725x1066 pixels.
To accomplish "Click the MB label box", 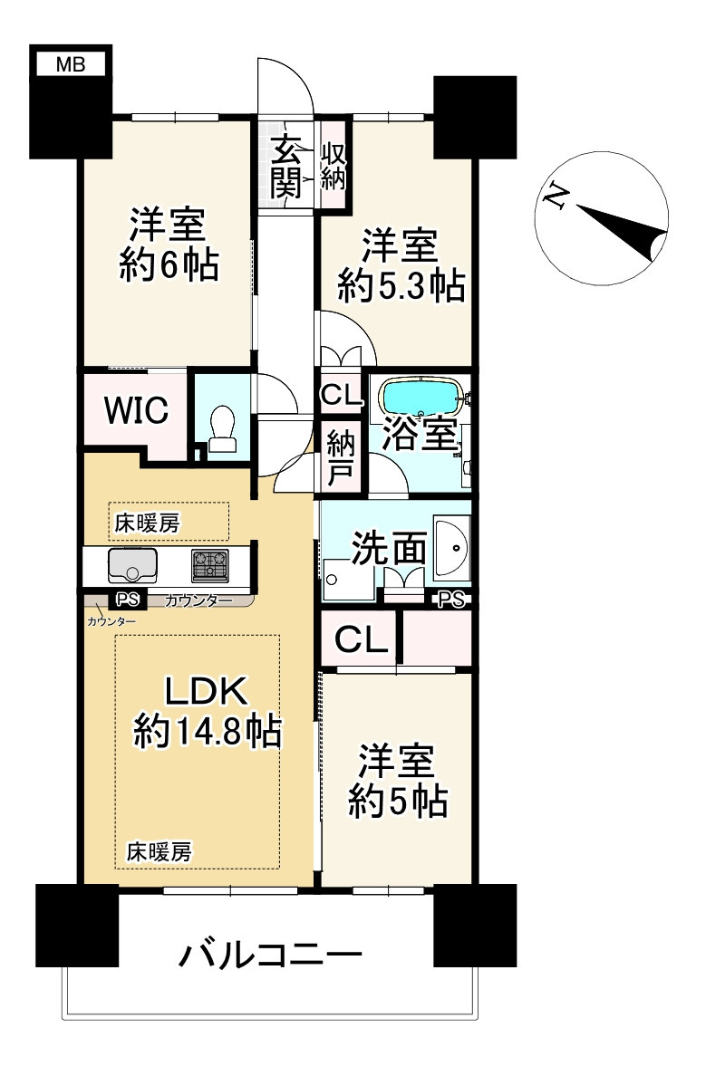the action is pos(71,64).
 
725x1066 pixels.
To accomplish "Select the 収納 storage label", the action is pos(333,165).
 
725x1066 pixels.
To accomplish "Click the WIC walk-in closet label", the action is pos(136,410).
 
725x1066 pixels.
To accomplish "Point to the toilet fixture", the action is pos(222,429).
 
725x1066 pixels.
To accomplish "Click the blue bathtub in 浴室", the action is pos(421,396).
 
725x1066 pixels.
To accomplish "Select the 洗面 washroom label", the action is pos(389,549).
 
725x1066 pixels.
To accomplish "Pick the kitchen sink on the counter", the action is pos(132,565).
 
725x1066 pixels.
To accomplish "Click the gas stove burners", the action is pos(209,565).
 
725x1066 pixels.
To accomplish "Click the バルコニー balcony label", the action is pos(270,955).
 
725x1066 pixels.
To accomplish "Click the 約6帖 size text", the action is pos(169,264).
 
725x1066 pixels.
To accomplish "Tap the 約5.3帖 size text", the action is pos(401,285).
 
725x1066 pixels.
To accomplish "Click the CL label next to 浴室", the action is pos(341,395).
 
